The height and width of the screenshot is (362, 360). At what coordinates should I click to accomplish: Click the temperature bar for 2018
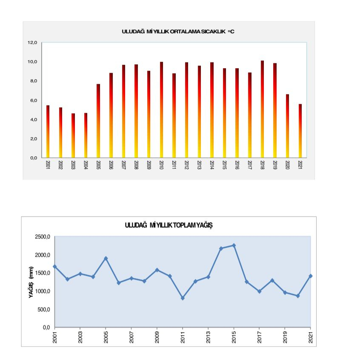262,109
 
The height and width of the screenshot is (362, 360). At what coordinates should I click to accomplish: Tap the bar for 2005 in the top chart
98,121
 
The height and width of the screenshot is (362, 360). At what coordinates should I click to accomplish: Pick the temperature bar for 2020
287,126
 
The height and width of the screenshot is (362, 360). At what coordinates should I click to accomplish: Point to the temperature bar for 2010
161,110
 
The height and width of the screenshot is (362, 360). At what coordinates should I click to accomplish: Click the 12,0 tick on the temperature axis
33,43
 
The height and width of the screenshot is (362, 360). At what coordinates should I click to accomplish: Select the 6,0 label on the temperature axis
33,101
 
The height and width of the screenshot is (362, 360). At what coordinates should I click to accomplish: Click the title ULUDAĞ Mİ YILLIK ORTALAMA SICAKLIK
178,32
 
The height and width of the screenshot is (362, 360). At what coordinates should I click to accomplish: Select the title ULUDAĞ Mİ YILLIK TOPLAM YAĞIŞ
169,225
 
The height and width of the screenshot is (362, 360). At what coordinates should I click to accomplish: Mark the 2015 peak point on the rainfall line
234,245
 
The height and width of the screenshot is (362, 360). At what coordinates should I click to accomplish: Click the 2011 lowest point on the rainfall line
183,298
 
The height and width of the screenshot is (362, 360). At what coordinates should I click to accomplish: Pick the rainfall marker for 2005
106,259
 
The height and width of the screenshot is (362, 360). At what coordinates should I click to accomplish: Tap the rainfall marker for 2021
311,276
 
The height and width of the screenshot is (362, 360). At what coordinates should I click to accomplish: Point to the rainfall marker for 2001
54,267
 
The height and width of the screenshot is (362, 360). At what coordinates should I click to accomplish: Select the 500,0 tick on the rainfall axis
44,309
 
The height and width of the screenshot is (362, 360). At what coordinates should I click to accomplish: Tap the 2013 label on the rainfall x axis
208,336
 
